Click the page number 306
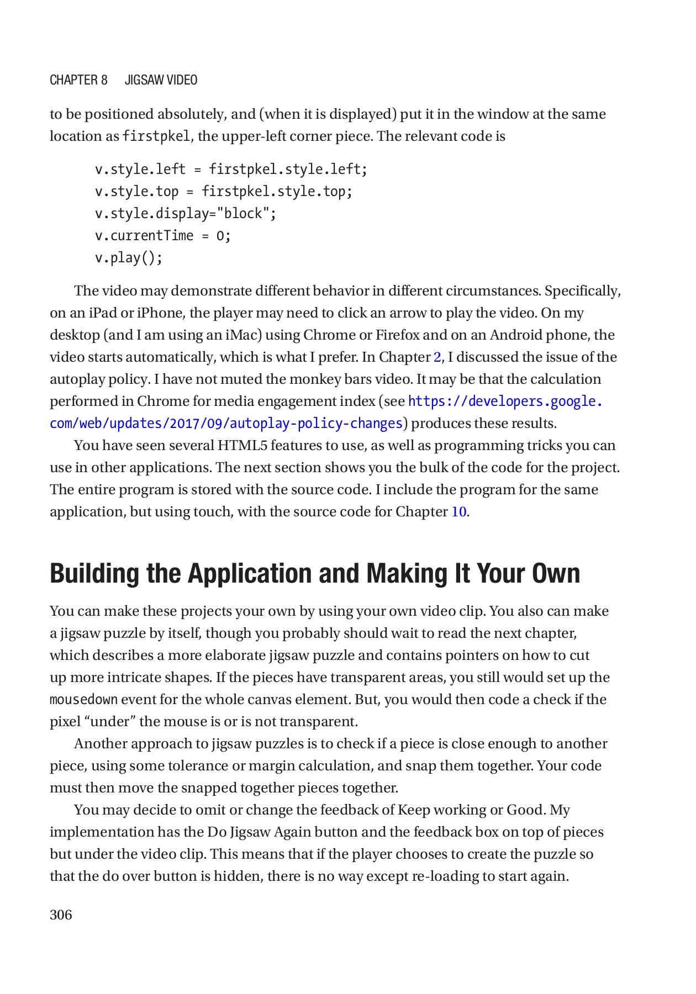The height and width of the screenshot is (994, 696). (61, 915)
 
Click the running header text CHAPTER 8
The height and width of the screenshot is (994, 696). (78, 80)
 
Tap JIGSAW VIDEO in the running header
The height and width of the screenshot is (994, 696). (161, 80)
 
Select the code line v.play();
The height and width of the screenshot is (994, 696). (129, 258)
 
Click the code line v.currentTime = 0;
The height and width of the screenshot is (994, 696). (163, 236)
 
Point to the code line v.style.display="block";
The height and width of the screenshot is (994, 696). (186, 214)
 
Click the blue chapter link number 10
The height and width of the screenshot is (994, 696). (459, 512)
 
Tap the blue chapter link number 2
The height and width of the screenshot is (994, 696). (437, 357)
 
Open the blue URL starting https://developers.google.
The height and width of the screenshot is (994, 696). (505, 401)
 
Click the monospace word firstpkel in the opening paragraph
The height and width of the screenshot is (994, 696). (156, 136)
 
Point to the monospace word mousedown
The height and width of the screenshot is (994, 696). (83, 700)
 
